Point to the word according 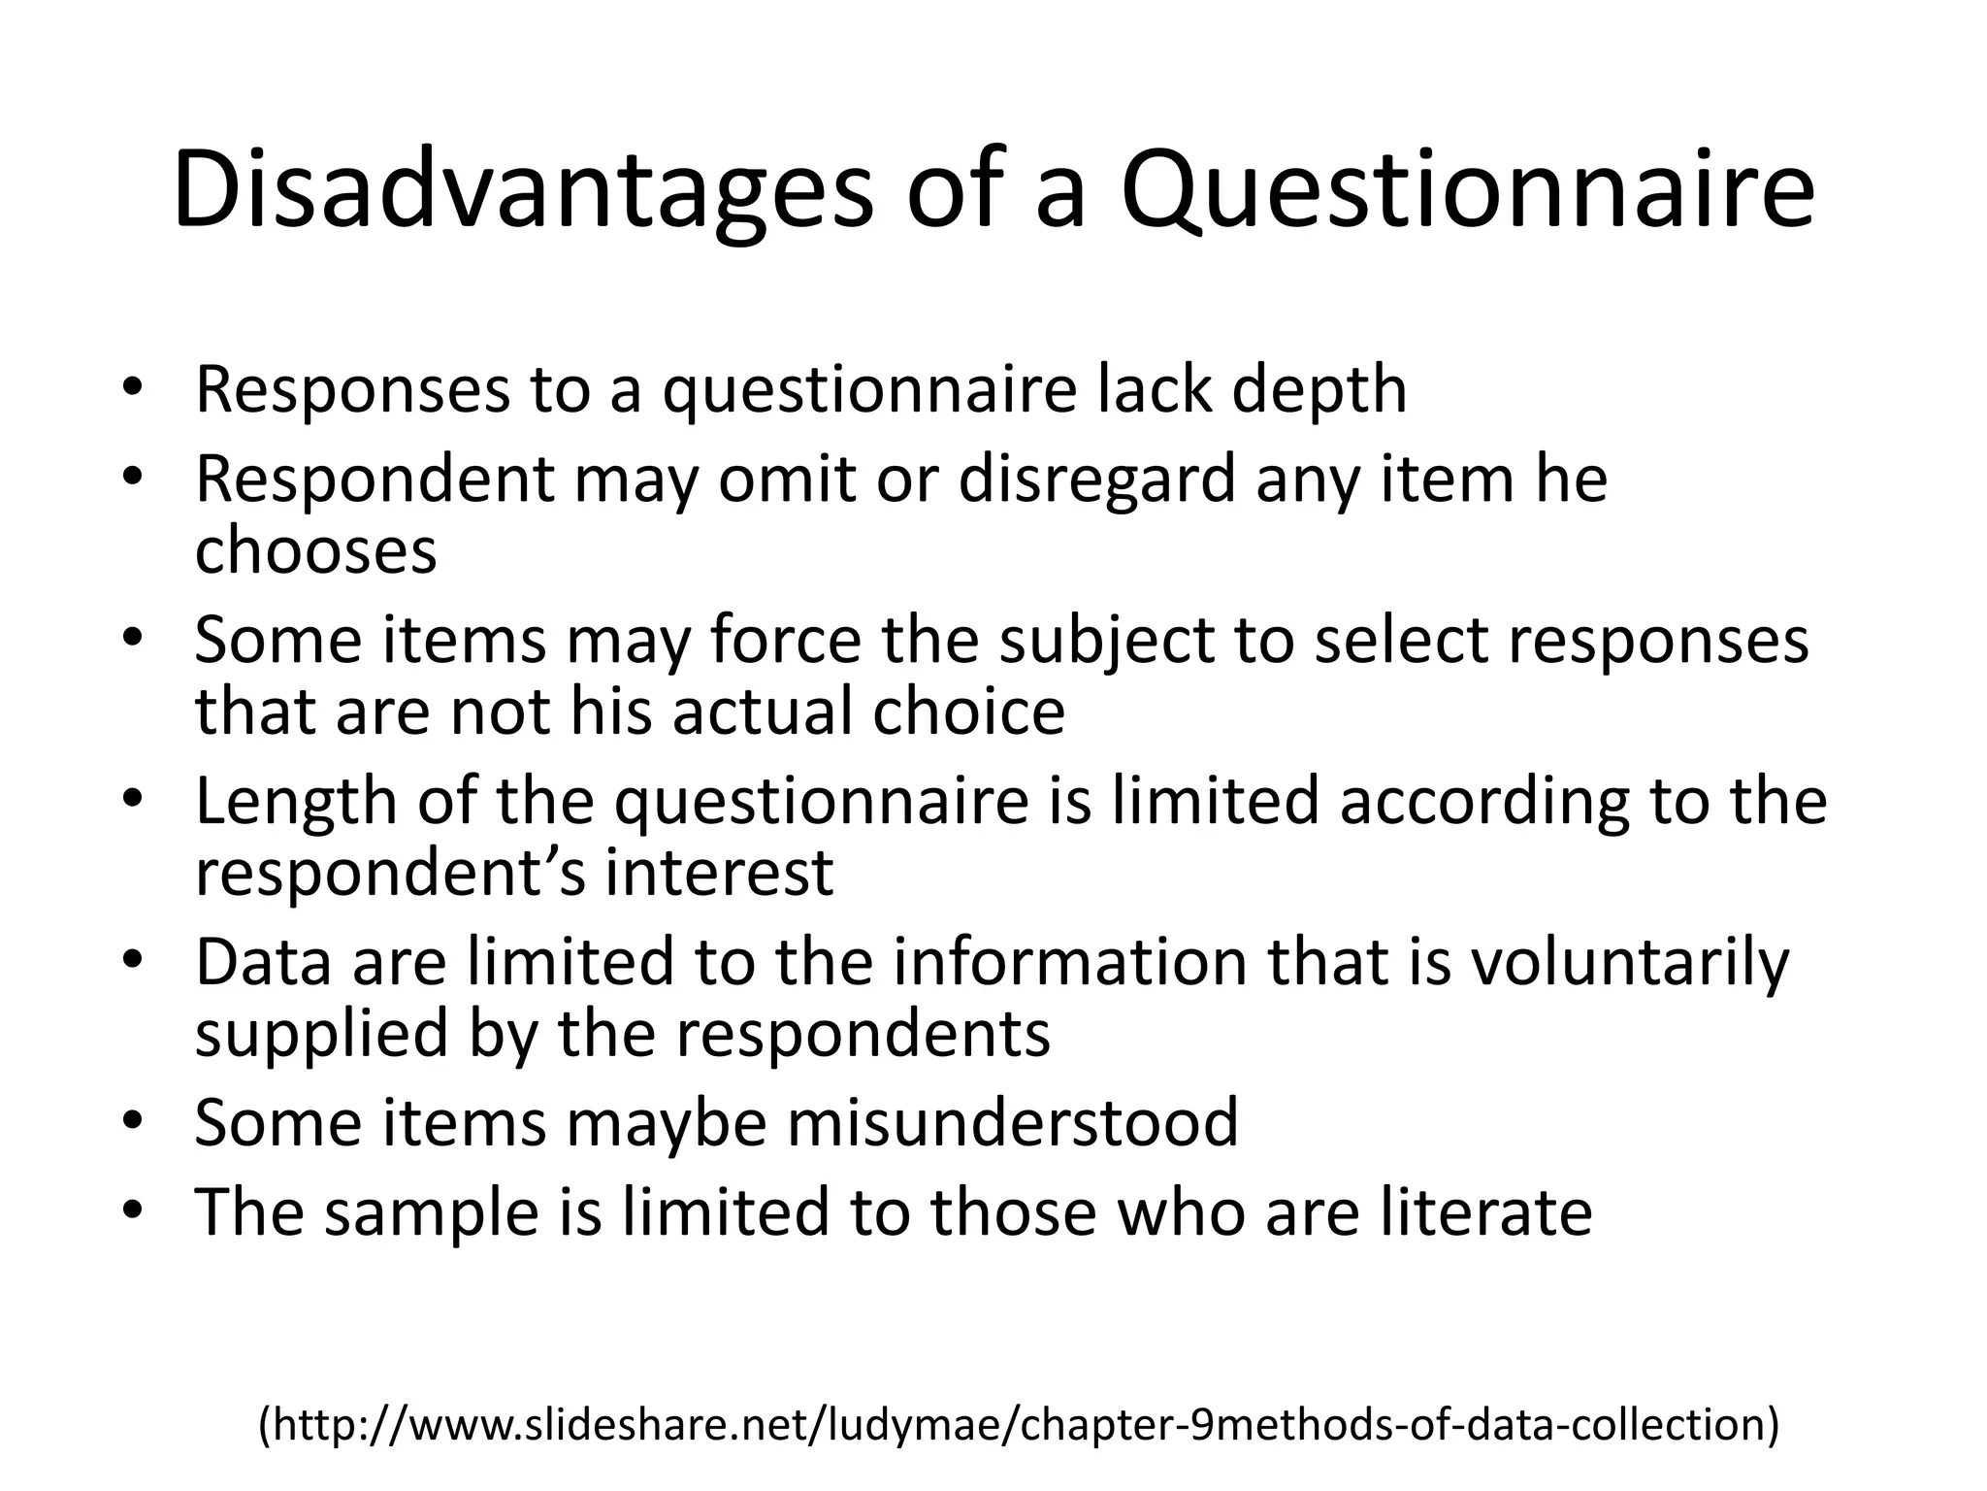1474,803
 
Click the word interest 719,872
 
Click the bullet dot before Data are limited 133,961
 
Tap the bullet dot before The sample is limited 133,1211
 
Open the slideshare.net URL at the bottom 1019,1424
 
